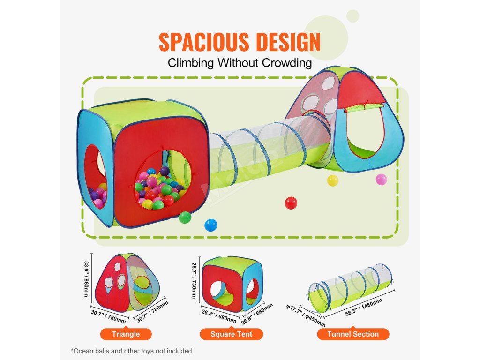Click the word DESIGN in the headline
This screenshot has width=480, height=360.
[x=286, y=42]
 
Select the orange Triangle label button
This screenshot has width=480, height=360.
[x=126, y=334]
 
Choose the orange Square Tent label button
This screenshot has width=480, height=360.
[x=231, y=334]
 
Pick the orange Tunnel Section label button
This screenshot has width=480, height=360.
[x=353, y=334]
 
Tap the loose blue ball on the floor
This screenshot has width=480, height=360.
[x=211, y=225]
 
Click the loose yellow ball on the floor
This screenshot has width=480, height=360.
[x=332, y=180]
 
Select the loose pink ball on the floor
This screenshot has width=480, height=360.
[x=382, y=180]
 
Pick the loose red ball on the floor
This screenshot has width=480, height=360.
[x=291, y=203]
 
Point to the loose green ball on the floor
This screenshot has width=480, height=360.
[x=185, y=217]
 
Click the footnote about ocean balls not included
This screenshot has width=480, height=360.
[x=131, y=351]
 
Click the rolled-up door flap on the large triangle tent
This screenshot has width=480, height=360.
[x=363, y=109]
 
